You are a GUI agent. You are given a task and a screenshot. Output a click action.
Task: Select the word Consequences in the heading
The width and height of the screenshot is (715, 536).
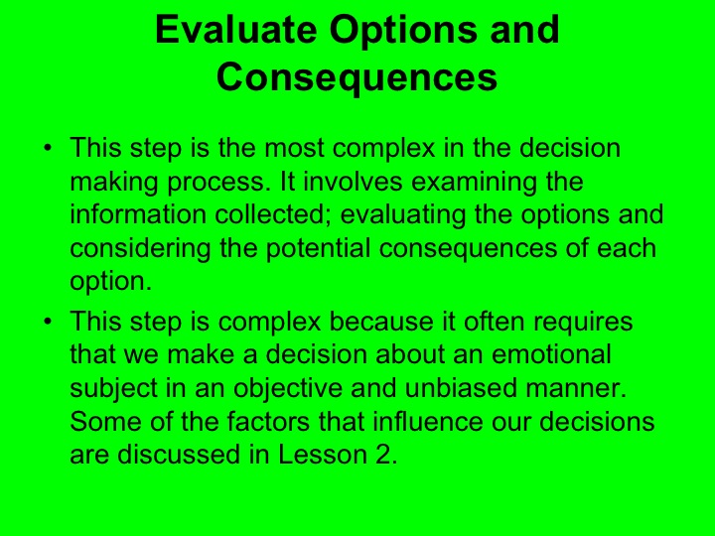click(357, 76)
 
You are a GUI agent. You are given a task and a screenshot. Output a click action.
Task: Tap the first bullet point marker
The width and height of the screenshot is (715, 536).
click(46, 149)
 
